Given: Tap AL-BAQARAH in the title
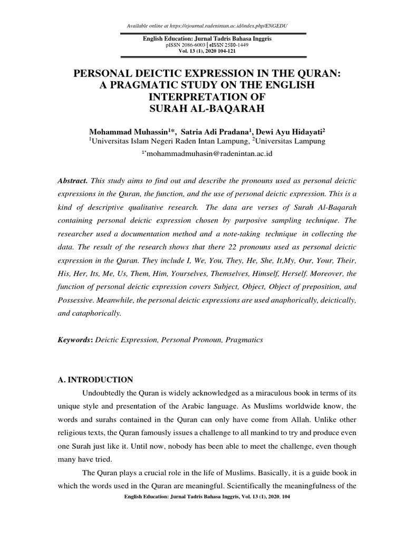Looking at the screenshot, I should [x=238, y=110].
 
